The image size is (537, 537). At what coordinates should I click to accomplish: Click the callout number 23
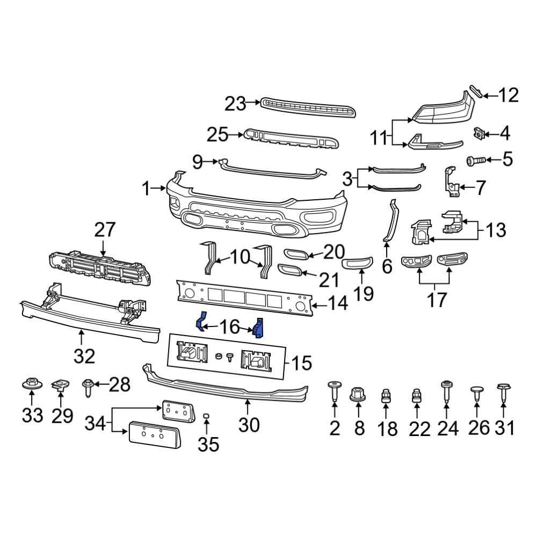pyautogui.click(x=235, y=103)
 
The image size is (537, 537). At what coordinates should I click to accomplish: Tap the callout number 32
pyautogui.click(x=84, y=355)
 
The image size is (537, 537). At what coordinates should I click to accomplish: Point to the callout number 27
pyautogui.click(x=105, y=230)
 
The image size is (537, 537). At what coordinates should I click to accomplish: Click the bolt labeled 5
pyautogui.click(x=475, y=159)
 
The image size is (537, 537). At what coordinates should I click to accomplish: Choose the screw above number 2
pyautogui.click(x=334, y=390)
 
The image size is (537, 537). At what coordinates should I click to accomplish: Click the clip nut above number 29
pyautogui.click(x=60, y=384)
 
